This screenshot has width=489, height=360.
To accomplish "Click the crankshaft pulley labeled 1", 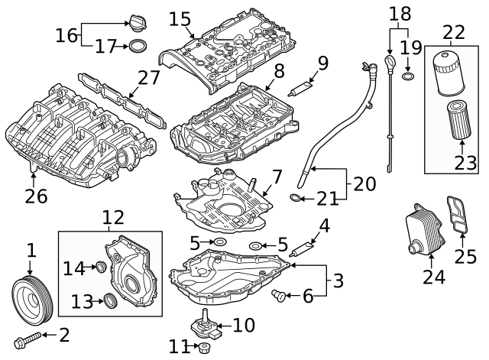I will (30, 297).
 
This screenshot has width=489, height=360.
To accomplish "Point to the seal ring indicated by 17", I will (137, 47).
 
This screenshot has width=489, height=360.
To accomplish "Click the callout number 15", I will (180, 18).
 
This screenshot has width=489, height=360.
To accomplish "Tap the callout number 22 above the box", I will (455, 31).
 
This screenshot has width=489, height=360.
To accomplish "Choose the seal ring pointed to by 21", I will (296, 200).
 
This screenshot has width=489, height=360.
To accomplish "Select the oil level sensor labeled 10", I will (205, 326).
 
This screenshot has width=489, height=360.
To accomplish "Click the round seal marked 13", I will (110, 300).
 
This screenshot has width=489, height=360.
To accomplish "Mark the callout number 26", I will (36, 196).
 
